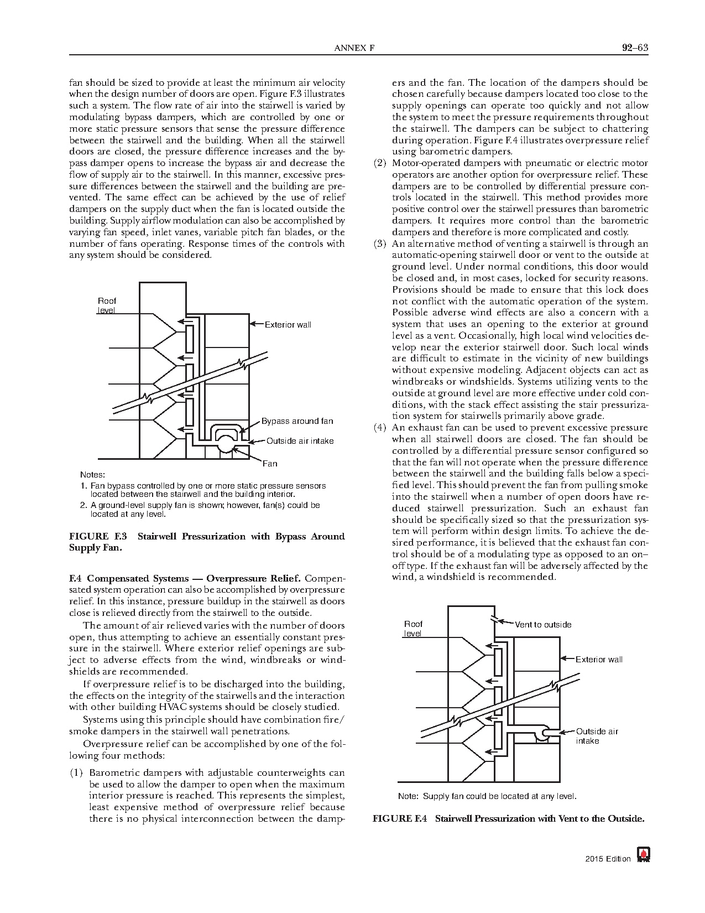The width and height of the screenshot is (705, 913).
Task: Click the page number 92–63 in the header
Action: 634,48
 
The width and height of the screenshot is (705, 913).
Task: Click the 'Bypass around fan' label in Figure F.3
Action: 297,421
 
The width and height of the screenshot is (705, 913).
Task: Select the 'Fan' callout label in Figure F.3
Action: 270,463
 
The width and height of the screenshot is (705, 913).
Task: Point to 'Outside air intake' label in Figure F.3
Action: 300,441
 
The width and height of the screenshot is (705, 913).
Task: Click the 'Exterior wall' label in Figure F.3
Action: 288,324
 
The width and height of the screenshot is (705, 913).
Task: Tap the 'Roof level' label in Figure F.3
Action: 107,305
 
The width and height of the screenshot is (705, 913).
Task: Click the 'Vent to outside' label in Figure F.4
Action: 543,625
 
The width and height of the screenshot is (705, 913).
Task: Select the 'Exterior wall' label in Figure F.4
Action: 599,659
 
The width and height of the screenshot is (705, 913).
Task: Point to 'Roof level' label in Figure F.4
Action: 413,629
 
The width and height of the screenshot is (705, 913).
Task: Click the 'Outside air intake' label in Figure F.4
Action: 597,736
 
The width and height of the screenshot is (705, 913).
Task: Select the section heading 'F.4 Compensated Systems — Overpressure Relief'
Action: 185,579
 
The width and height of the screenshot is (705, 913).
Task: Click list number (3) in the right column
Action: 380,243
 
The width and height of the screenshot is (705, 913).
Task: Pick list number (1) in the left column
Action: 76,772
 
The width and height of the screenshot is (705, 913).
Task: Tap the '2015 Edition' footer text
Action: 608,859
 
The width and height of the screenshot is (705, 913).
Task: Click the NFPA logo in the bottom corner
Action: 643,855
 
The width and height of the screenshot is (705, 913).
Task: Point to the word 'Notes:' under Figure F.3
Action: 92,475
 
